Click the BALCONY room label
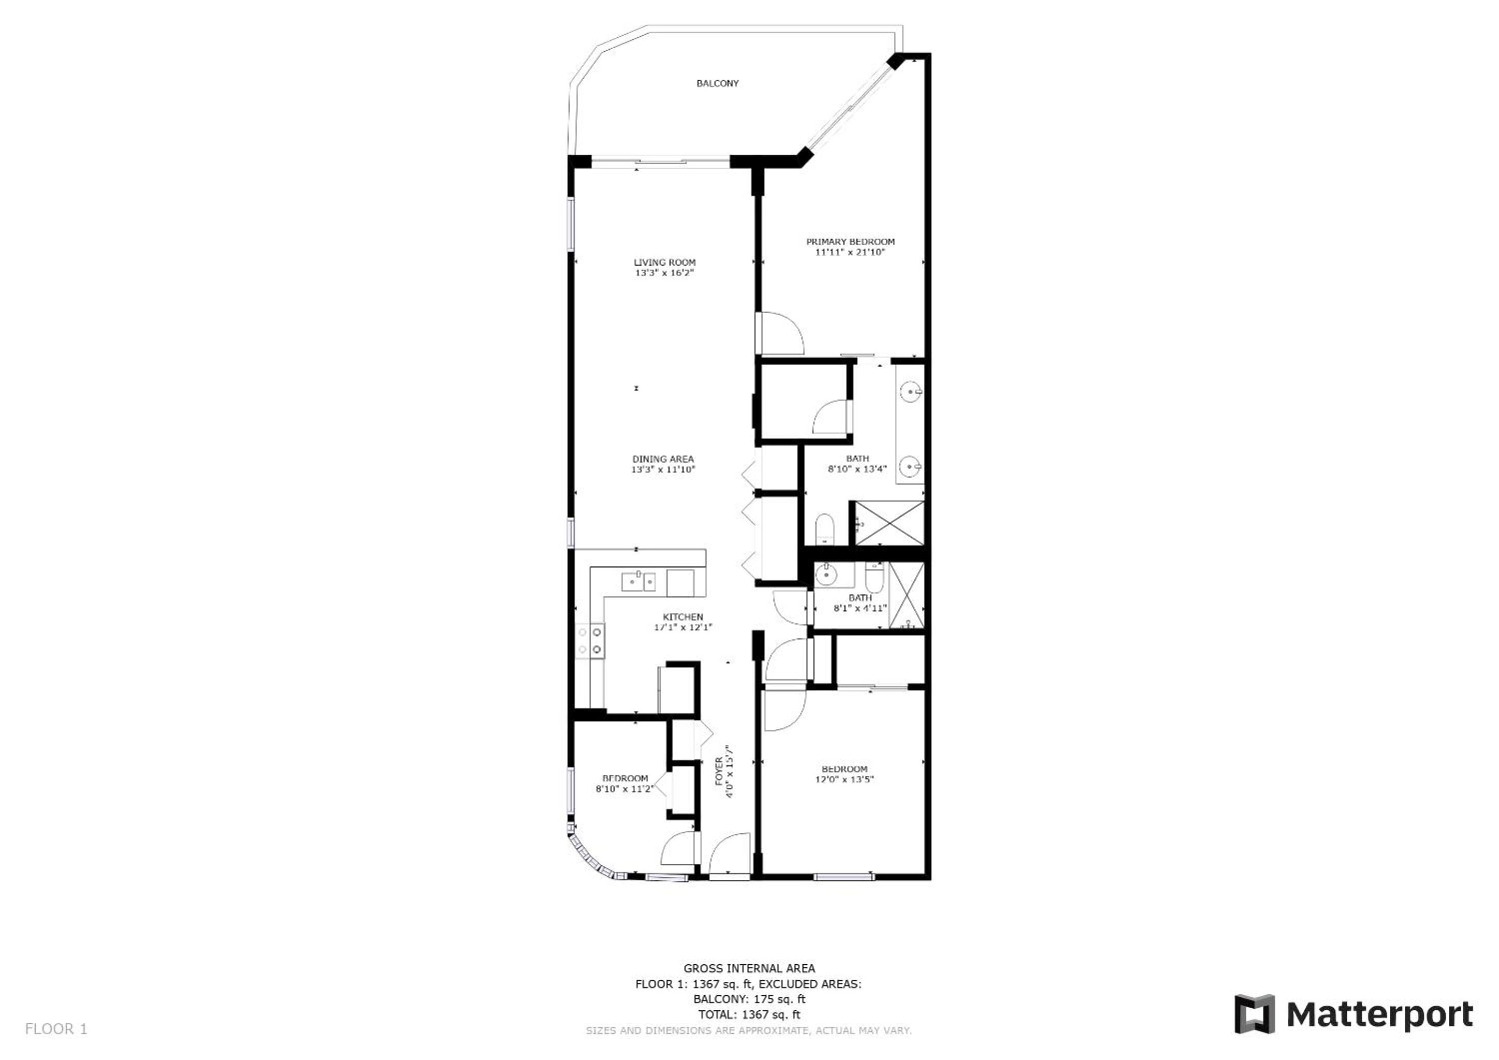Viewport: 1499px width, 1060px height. [x=718, y=83]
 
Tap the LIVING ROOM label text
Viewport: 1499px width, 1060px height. [x=665, y=262]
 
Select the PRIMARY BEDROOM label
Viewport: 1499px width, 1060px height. [x=850, y=242]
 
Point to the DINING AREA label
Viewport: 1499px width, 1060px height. [x=663, y=459]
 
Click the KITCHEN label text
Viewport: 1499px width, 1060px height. [x=683, y=617]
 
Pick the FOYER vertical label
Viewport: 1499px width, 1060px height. [x=718, y=771]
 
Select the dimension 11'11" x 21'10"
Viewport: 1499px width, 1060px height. [x=850, y=252]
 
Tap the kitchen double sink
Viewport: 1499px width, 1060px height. [x=638, y=580]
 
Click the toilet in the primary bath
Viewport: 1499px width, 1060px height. [x=825, y=528]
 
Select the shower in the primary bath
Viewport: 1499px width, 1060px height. [x=889, y=523]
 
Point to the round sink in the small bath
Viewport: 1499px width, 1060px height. [x=826, y=575]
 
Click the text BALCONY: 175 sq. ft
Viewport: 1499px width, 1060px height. [x=749, y=998]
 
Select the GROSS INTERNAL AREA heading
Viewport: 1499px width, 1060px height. [x=749, y=968]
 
